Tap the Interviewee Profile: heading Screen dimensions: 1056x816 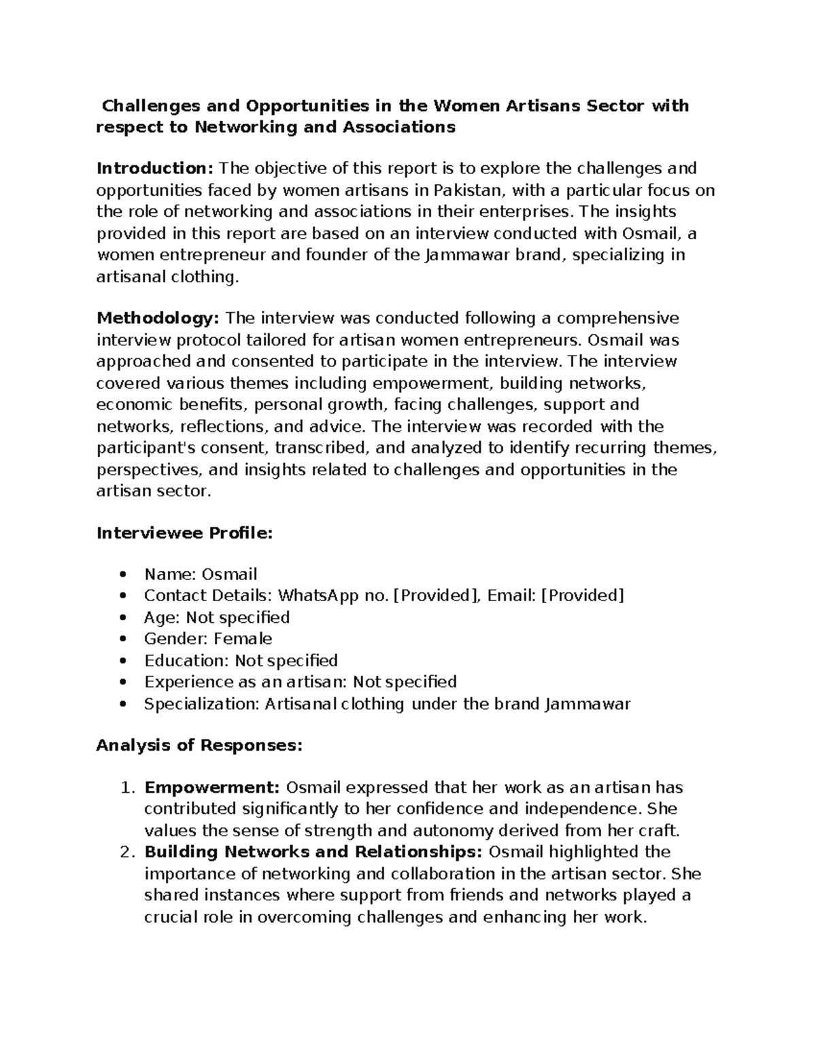click(x=184, y=533)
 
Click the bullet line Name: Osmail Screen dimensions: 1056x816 click(x=200, y=575)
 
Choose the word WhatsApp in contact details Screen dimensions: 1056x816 click(x=320, y=596)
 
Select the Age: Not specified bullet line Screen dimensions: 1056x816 click(x=216, y=617)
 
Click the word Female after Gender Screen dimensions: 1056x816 click(x=243, y=639)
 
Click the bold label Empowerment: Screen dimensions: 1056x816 click(x=212, y=787)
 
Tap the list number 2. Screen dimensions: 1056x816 click(x=124, y=852)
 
